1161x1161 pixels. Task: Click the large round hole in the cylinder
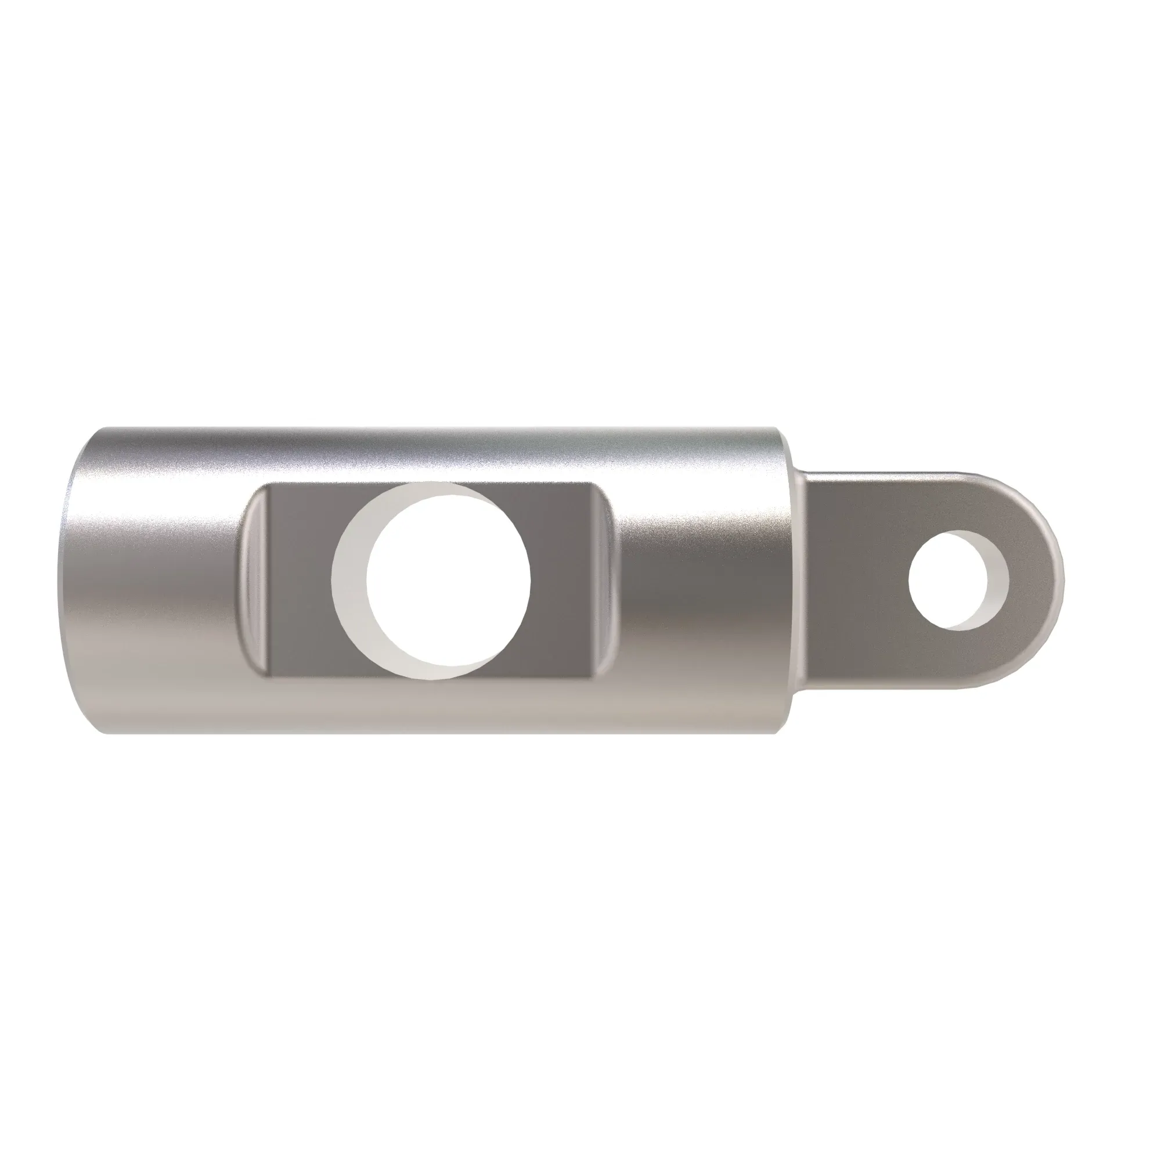[x=448, y=581]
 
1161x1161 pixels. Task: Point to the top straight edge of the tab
[x=889, y=473]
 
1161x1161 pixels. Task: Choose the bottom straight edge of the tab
[x=889, y=686]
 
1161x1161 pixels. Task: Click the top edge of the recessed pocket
[x=421, y=482]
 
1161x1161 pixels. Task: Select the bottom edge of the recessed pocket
[x=421, y=680]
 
